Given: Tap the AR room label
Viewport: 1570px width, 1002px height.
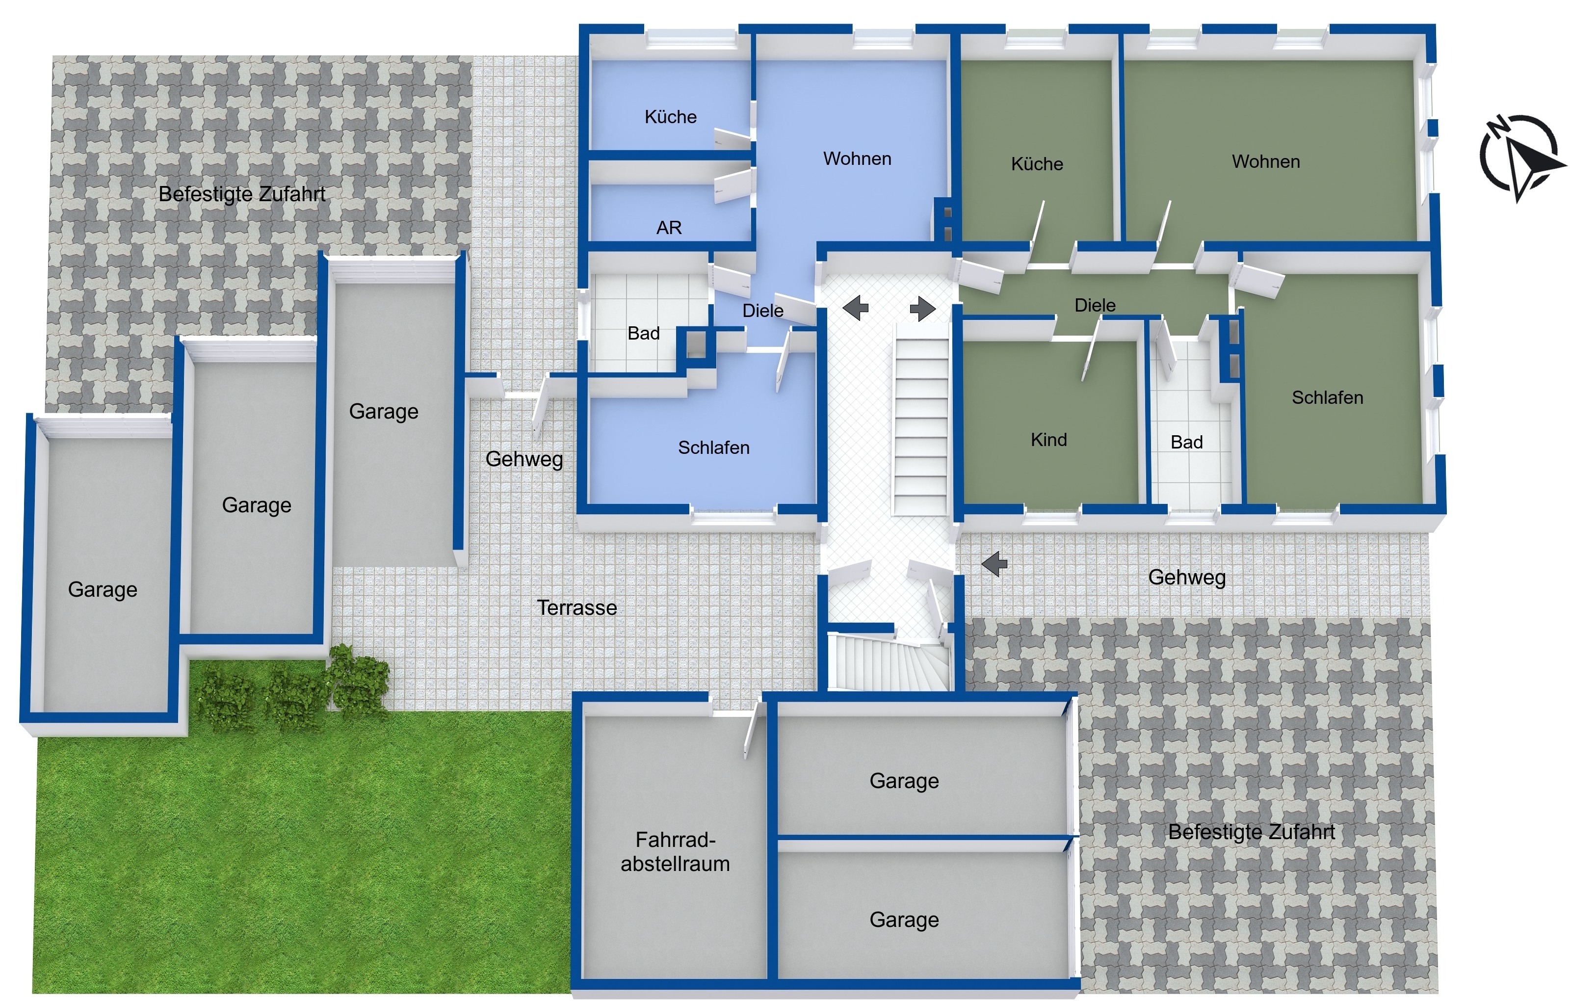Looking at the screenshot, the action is click(x=669, y=228).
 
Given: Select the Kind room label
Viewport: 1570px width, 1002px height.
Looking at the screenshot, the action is click(x=1048, y=439).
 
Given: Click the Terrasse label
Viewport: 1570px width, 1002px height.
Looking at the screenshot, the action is click(x=576, y=607).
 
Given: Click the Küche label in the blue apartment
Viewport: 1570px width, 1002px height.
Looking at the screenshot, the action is click(x=670, y=117).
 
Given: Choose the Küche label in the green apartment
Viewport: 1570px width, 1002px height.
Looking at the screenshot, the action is click(x=1037, y=163).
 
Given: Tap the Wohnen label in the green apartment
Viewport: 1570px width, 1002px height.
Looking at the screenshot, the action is click(x=1265, y=161).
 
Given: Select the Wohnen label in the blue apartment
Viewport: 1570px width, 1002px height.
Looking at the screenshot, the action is click(x=857, y=158).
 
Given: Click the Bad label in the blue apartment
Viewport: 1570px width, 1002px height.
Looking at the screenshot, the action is click(x=644, y=333).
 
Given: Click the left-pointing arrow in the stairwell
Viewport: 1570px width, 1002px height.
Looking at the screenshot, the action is click(x=856, y=308).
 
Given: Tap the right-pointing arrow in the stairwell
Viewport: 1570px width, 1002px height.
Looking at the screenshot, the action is click(x=922, y=308).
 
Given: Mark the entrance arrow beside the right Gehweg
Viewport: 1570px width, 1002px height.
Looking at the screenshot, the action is click(x=994, y=563).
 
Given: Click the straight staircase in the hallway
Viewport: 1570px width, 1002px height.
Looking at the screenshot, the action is click(x=920, y=419).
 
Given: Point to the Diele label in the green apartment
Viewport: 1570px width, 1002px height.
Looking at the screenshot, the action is click(x=1095, y=305).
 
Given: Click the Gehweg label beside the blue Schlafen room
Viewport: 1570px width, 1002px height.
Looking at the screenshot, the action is click(x=524, y=459).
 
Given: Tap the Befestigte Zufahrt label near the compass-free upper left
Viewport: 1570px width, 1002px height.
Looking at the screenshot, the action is click(x=242, y=194).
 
